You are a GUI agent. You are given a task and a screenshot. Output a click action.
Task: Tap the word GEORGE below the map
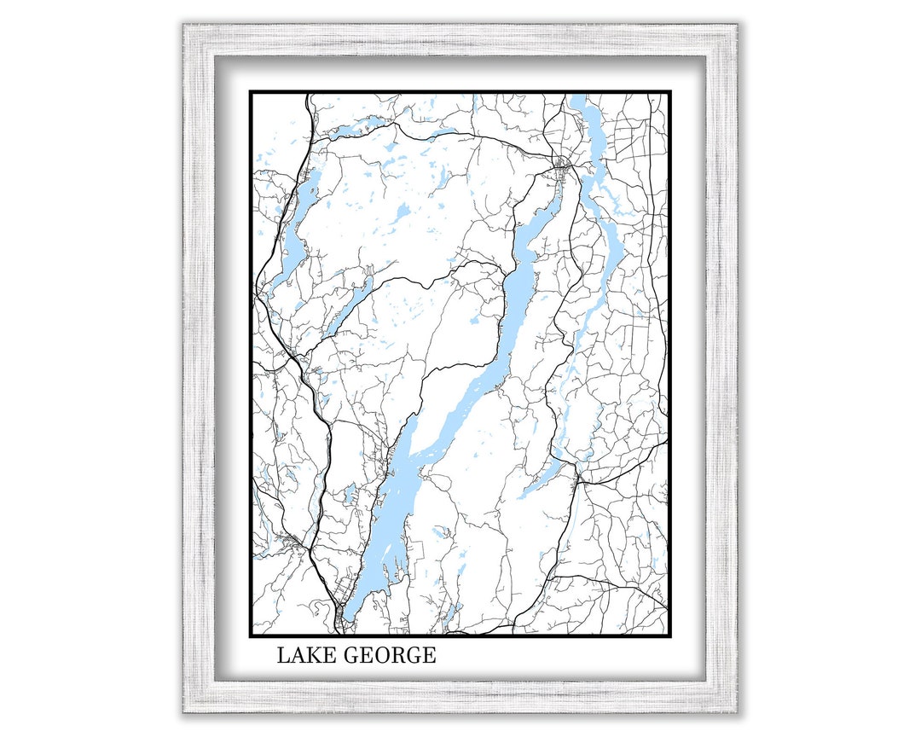coord(390,656)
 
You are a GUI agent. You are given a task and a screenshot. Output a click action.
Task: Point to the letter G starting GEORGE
coord(351,656)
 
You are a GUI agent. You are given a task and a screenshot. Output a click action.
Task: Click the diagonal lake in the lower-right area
coord(546,478)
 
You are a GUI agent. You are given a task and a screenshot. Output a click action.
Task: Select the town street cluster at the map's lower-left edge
coord(290,541)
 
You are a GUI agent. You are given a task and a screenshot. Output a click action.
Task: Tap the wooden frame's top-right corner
coord(739,25)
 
